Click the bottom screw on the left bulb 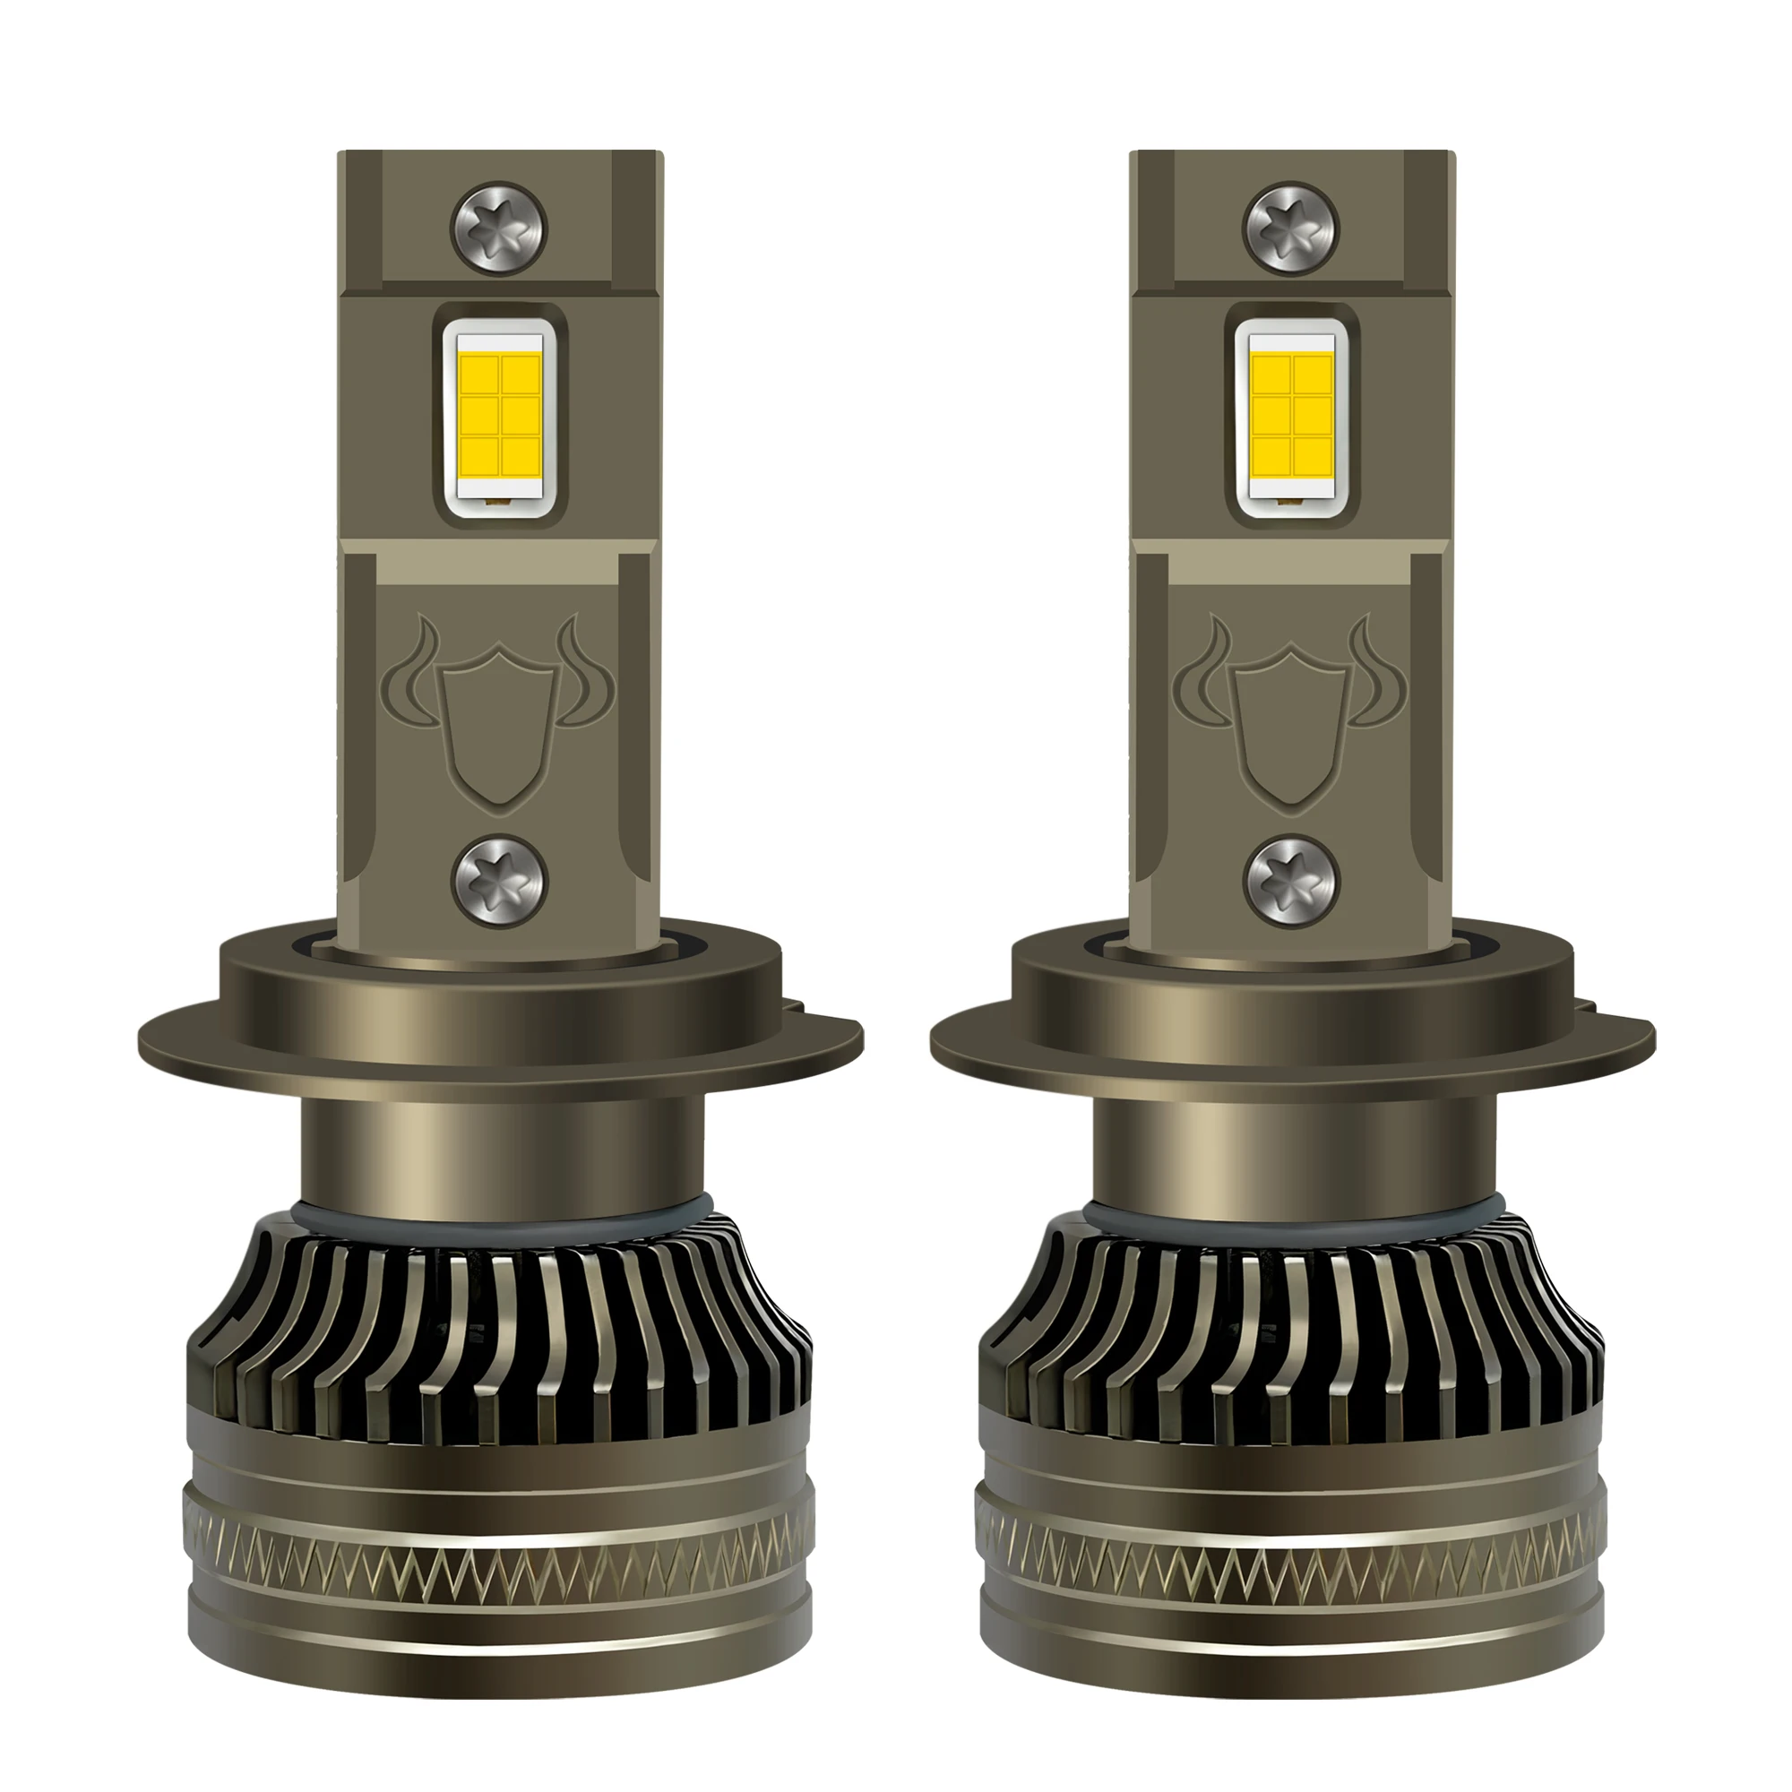(499, 881)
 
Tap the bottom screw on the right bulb (1292, 881)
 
